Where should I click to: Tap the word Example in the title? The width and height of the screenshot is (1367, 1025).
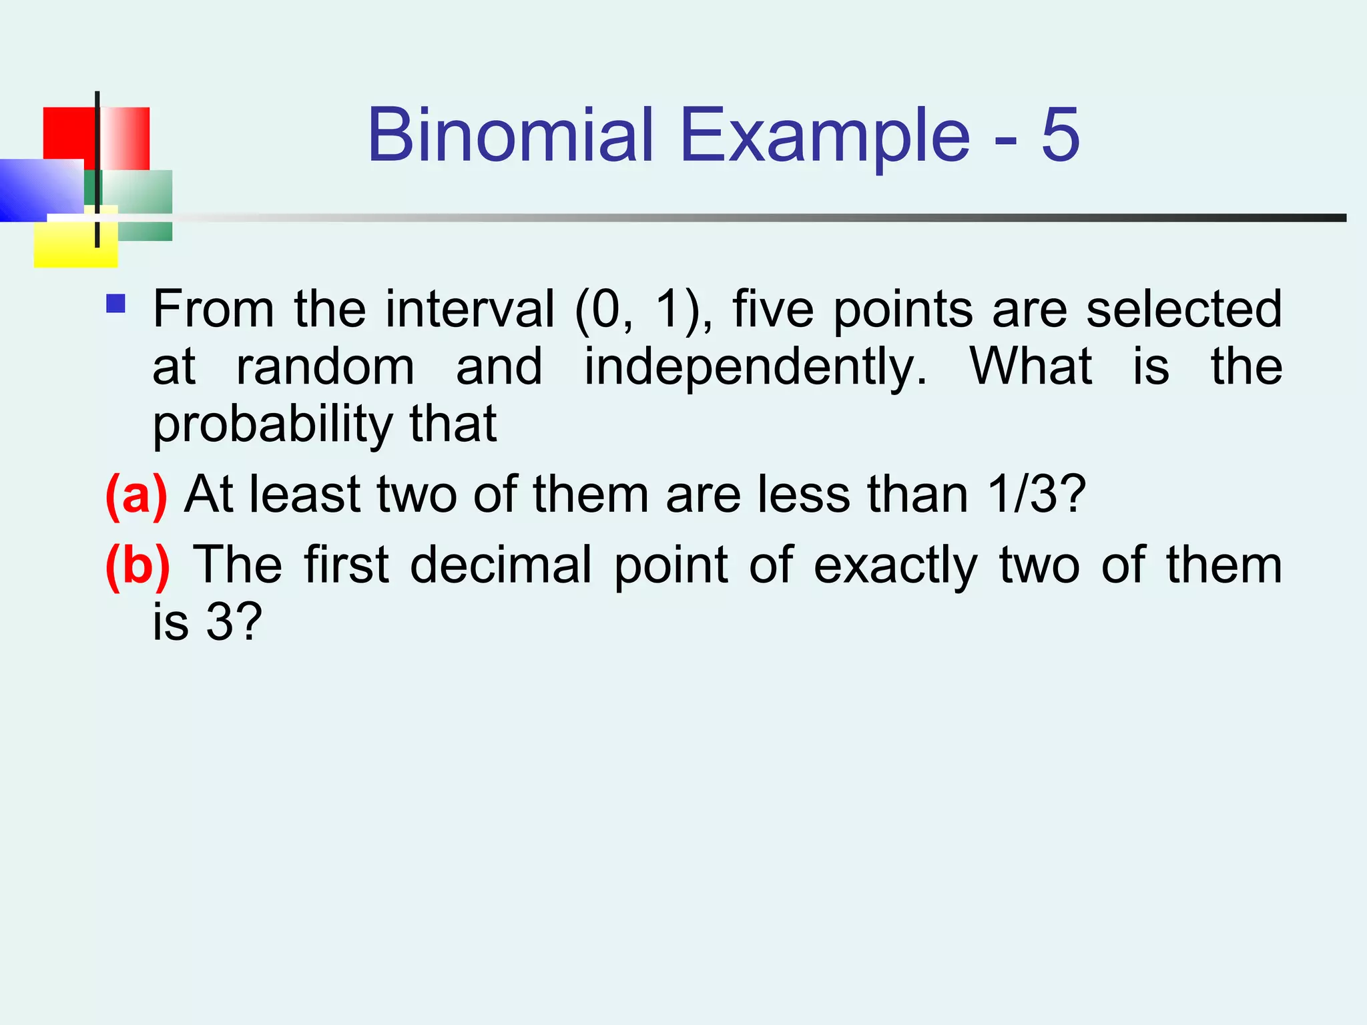tap(825, 137)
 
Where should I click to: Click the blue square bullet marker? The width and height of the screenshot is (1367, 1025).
tap(116, 304)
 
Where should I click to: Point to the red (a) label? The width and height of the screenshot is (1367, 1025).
tap(136, 495)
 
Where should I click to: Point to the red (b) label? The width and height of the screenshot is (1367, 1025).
tap(138, 566)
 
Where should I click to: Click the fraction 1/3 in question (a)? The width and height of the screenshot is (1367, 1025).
tap(1022, 495)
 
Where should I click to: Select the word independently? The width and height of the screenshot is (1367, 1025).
tap(756, 368)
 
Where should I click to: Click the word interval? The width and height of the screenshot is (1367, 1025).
tap(470, 309)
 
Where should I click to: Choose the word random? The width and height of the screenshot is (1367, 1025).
tap(326, 368)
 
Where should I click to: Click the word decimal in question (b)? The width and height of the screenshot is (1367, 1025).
tap(501, 565)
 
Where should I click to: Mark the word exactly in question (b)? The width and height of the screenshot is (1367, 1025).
tap(896, 567)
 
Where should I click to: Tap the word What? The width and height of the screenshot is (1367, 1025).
tap(1031, 366)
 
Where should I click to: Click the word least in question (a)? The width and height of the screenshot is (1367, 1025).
tap(305, 495)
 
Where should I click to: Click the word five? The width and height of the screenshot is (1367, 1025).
tap(773, 309)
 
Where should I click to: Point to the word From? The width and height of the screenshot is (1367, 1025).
tap(214, 309)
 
